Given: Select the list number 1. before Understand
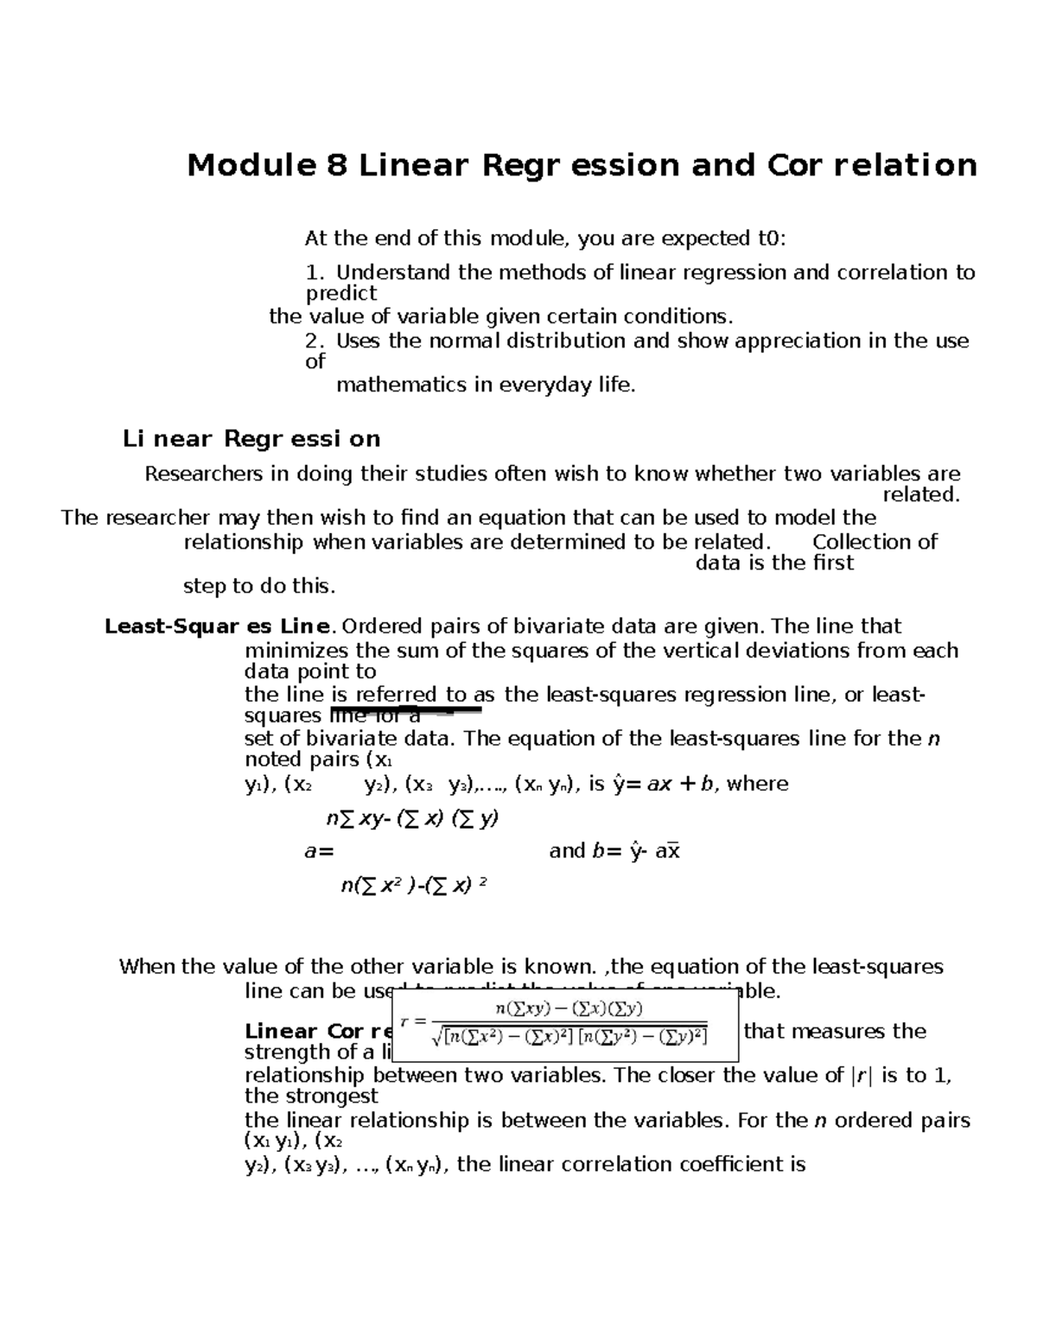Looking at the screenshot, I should coord(315,273).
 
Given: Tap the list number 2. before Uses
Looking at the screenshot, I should coord(315,341).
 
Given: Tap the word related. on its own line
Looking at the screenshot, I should coord(920,495).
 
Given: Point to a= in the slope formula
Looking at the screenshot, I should coord(318,851).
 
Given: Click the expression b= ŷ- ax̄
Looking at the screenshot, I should coord(614,851).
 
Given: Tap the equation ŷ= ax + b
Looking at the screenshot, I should coord(665,785).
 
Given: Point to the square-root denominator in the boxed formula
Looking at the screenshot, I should coord(569,1035).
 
